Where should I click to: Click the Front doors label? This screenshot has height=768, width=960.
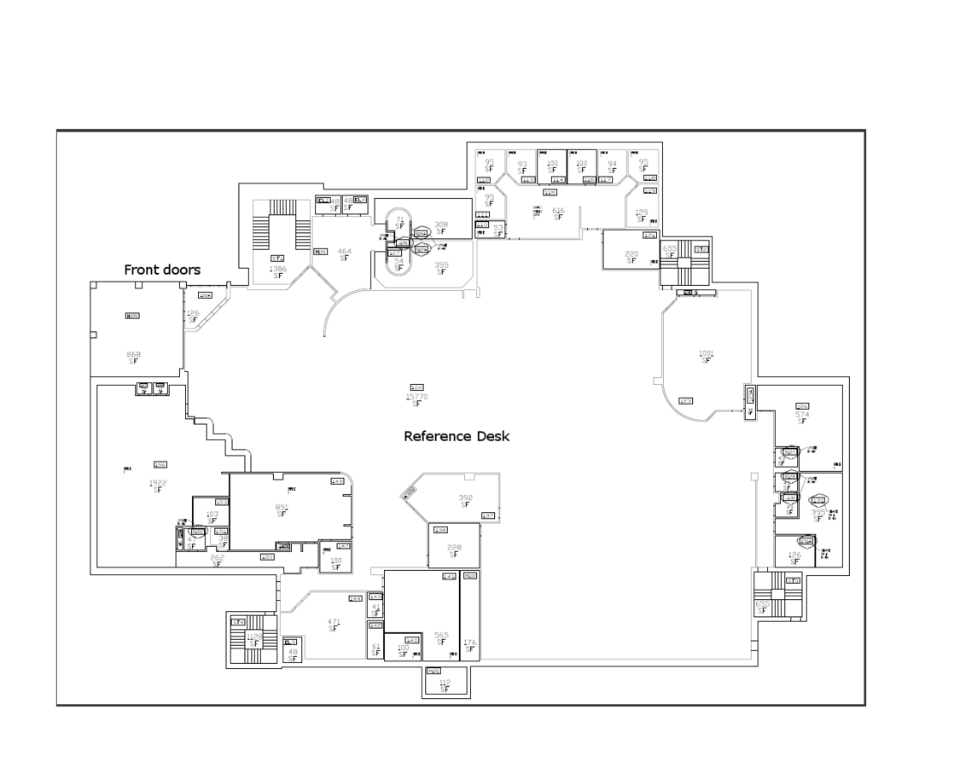tap(162, 270)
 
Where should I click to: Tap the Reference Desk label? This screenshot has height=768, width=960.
tap(457, 436)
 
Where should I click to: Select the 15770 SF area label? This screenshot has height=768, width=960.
tap(416, 399)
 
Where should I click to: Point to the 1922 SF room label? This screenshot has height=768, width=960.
tap(158, 486)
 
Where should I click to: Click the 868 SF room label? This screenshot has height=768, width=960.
tap(133, 357)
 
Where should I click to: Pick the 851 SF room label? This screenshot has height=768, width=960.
tap(282, 511)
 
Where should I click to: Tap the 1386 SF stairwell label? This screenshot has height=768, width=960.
tap(278, 272)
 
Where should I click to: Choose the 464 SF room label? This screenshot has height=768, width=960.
tap(344, 255)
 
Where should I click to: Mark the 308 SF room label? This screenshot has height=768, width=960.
tap(441, 228)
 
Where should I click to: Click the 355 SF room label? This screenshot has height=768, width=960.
tap(441, 268)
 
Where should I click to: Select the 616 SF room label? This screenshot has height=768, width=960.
tap(558, 213)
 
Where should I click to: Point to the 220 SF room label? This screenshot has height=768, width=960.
tap(631, 257)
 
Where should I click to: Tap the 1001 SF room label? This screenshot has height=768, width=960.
tap(707, 357)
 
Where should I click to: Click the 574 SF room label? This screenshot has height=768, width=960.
tap(802, 417)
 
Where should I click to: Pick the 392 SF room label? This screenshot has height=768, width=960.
tap(465, 501)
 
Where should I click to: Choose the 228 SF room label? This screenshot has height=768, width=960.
tap(454, 551)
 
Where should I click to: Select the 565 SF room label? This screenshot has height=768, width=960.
tap(441, 638)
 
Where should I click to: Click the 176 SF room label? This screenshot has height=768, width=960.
tap(469, 645)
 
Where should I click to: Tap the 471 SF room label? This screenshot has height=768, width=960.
tap(334, 625)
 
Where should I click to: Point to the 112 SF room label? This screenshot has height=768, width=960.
tap(445, 685)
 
